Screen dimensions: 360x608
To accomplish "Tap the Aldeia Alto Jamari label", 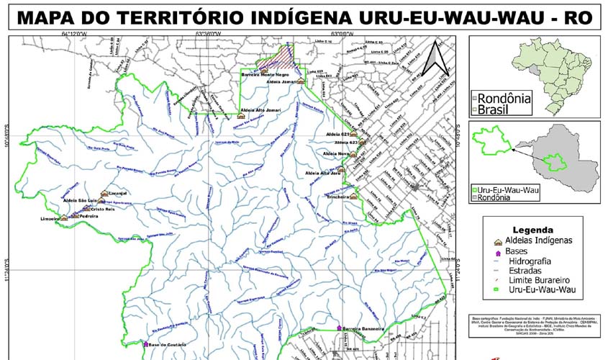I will [x=259, y=110].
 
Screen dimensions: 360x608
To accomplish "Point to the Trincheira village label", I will [x=337, y=196].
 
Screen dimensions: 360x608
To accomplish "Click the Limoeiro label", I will [x=50, y=217].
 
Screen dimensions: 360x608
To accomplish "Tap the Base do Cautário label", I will [x=168, y=345].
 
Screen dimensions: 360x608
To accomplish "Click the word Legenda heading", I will [x=531, y=230].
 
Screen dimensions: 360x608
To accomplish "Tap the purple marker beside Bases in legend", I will [x=496, y=251].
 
